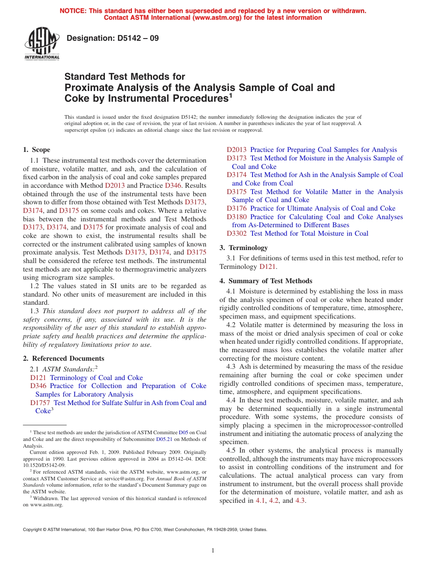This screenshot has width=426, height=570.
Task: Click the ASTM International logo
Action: [42, 43]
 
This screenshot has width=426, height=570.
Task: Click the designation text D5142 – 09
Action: [112, 39]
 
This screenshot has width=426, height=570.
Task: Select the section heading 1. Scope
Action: [37, 150]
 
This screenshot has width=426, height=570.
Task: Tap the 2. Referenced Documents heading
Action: [64, 358]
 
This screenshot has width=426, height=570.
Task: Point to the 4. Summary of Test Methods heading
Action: [266, 281]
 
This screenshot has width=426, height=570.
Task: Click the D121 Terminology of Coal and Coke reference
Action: [87, 378]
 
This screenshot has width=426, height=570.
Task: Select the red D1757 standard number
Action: [40, 403]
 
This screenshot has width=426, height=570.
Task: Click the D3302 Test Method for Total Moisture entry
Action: [297, 233]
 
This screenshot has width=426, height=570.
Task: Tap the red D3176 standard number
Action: [237, 208]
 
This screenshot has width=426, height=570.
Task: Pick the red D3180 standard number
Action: [237, 217]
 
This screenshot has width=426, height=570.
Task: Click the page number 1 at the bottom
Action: [213, 551]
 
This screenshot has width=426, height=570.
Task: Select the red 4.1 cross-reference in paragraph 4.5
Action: [260, 501]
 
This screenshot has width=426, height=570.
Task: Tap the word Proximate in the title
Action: [87, 88]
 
